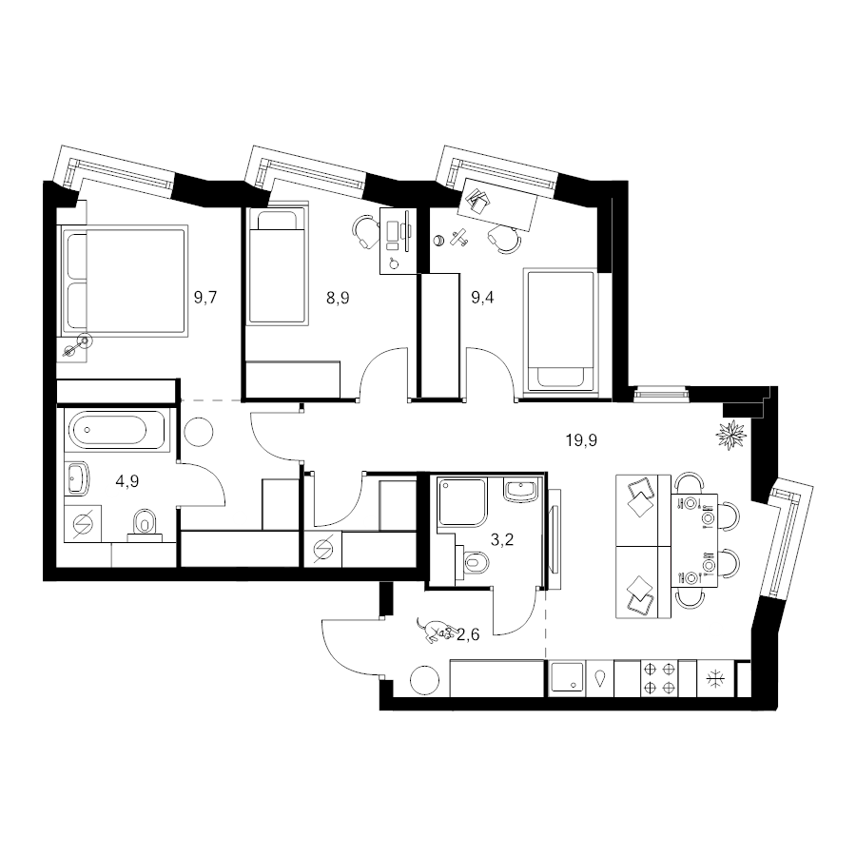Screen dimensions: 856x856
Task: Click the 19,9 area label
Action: tap(581, 440)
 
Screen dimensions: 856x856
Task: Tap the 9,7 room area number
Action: tap(205, 298)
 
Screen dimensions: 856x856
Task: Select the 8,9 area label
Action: tap(338, 298)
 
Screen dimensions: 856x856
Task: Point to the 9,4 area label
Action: tap(482, 298)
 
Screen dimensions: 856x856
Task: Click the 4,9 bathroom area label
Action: tap(127, 481)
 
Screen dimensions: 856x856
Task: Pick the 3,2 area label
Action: tap(501, 540)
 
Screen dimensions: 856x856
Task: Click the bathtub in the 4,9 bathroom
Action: tap(116, 431)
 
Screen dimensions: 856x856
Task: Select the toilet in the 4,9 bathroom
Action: tap(145, 526)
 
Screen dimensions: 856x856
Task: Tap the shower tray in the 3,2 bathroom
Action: tap(462, 502)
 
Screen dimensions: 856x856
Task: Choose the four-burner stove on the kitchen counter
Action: tap(659, 678)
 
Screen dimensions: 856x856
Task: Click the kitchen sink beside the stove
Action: tap(567, 678)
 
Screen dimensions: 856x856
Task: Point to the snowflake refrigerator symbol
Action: tap(715, 679)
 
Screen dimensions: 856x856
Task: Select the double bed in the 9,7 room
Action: tap(124, 281)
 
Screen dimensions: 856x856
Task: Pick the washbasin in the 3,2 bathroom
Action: tap(521, 490)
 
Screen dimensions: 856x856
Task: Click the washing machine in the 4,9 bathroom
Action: tap(83, 524)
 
